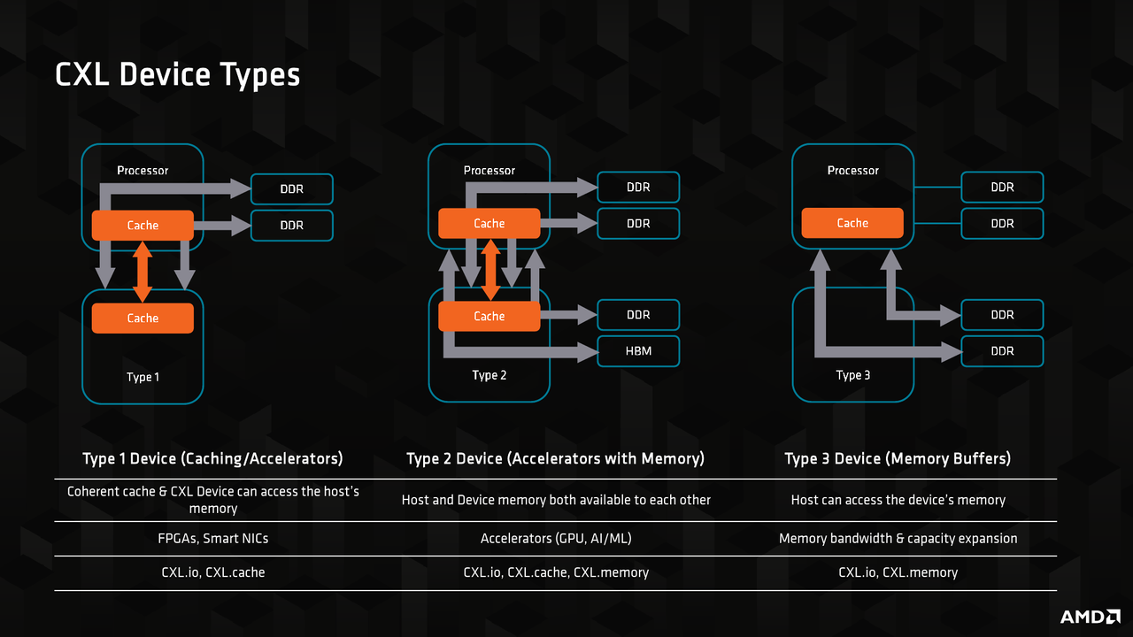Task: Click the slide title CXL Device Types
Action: pyautogui.click(x=177, y=75)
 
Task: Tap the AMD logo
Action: pyautogui.click(x=1091, y=617)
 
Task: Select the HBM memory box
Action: pyautogui.click(x=638, y=351)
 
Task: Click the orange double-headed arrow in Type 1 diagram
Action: pyautogui.click(x=143, y=272)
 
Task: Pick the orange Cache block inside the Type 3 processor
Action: pyautogui.click(x=852, y=223)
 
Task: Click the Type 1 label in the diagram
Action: pyautogui.click(x=143, y=377)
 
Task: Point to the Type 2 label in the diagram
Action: pyautogui.click(x=489, y=375)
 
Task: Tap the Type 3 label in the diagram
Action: pyautogui.click(x=852, y=375)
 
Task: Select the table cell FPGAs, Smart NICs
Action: pyautogui.click(x=213, y=539)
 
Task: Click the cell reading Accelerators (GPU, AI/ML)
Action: pyautogui.click(x=556, y=539)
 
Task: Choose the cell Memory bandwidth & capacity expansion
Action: pyautogui.click(x=898, y=539)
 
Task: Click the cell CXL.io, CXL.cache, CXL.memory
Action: pyautogui.click(x=556, y=572)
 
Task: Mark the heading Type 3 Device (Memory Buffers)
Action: pyautogui.click(x=898, y=458)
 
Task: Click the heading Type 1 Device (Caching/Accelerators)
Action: pyautogui.click(x=213, y=458)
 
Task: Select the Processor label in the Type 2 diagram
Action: pyautogui.click(x=489, y=171)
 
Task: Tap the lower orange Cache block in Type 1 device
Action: pyautogui.click(x=143, y=318)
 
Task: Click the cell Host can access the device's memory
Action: pyautogui.click(x=898, y=500)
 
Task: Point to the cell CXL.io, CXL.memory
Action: pyautogui.click(x=898, y=572)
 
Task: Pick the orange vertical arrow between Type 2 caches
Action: pyautogui.click(x=490, y=270)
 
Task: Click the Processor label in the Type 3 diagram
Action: pyautogui.click(x=852, y=171)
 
